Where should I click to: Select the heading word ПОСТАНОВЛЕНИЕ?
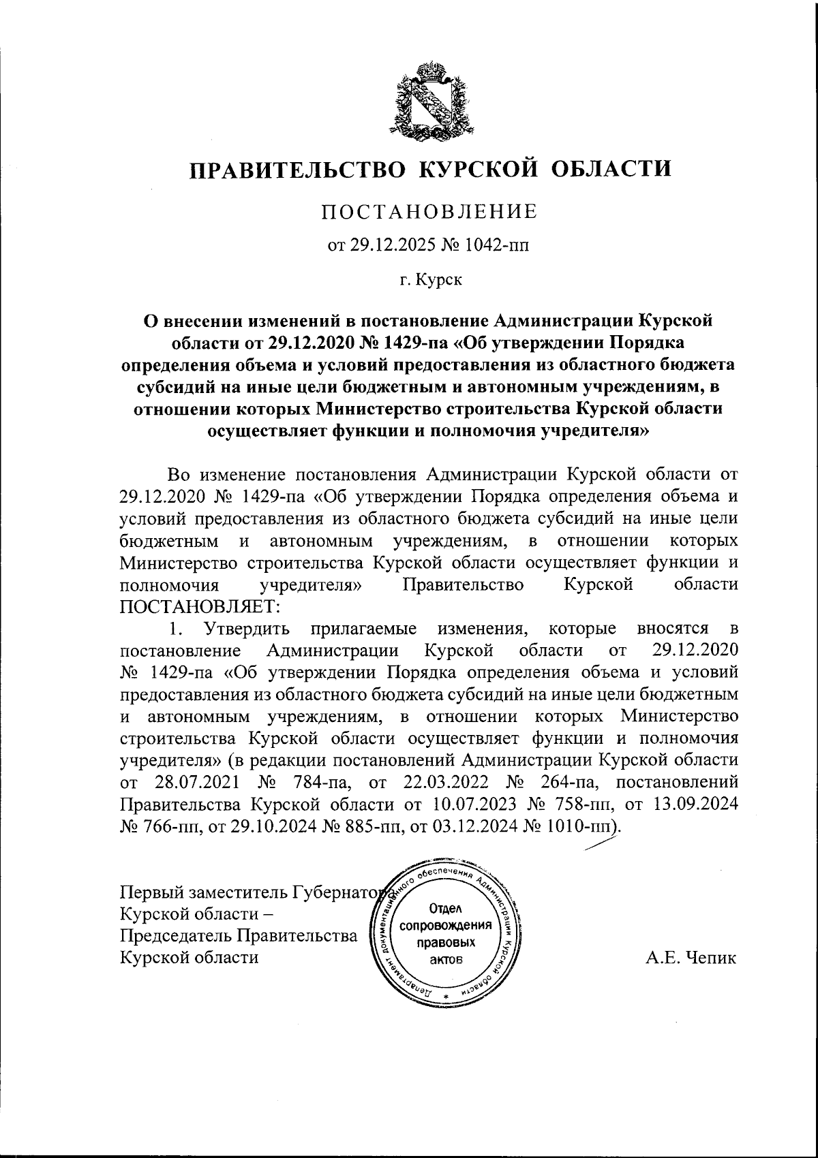point(429,212)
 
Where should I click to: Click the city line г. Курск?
point(430,279)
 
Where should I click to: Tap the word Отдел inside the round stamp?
point(446,908)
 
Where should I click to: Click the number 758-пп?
point(586,804)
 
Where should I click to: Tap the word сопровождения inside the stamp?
point(446,926)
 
